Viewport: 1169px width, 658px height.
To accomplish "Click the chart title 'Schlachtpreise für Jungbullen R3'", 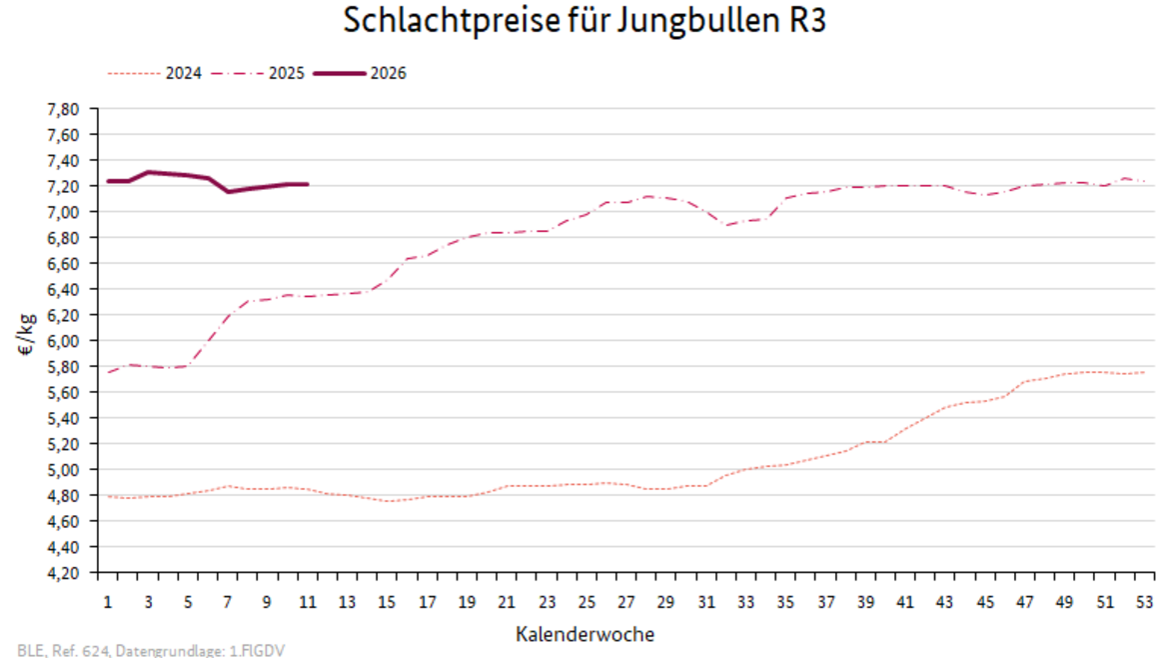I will click(x=584, y=21).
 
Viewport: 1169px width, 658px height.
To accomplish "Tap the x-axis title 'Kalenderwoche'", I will click(x=586, y=634).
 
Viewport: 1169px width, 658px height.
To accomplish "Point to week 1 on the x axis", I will click(x=108, y=602).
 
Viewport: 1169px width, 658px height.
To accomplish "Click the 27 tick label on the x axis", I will click(x=626, y=602).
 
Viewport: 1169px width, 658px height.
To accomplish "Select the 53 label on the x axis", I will click(x=1145, y=602).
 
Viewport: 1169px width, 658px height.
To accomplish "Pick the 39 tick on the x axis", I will click(x=866, y=602).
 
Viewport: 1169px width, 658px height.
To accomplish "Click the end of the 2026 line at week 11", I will click(x=307, y=184).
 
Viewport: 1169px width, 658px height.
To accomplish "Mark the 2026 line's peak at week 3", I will click(x=148, y=172).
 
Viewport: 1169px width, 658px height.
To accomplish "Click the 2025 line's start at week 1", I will click(x=108, y=372).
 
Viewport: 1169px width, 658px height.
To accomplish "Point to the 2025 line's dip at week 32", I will click(x=726, y=225).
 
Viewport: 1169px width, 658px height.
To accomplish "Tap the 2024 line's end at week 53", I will click(x=1145, y=372).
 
